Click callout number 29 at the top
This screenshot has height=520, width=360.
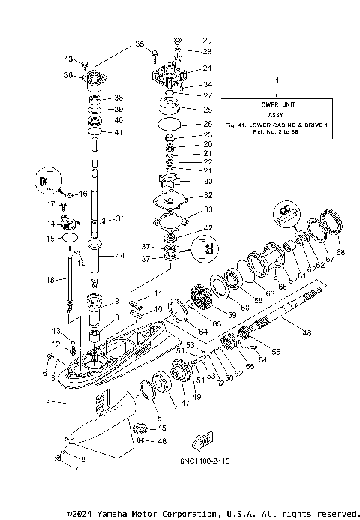(208, 39)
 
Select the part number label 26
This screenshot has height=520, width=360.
(208, 124)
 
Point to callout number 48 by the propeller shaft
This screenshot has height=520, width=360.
(306, 332)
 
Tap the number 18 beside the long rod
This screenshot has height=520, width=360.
(50, 279)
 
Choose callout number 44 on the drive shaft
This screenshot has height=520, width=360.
(120, 256)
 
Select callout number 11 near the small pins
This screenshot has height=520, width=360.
(157, 293)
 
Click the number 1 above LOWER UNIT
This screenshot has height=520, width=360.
(277, 79)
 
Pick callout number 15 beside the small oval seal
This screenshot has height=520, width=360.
(50, 238)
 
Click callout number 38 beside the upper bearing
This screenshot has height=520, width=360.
(118, 98)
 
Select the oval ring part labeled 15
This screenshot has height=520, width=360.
(71, 237)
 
